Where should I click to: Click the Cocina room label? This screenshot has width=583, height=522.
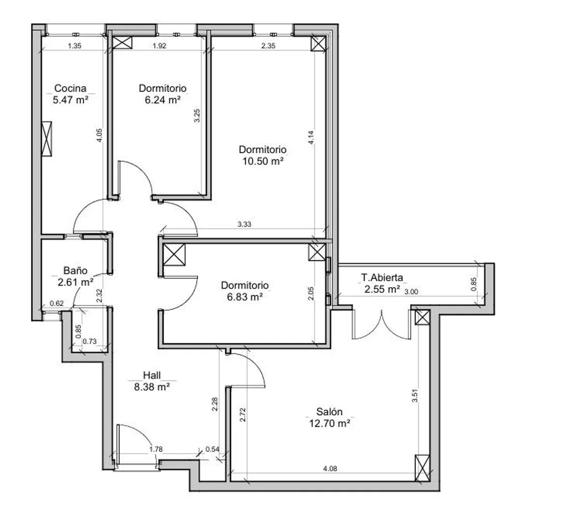(x=70, y=88)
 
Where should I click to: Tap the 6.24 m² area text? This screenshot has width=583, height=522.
(x=163, y=100)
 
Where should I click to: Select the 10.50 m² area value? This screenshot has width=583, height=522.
(x=263, y=161)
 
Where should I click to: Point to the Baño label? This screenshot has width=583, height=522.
(x=75, y=270)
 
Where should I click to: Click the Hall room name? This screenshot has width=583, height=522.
(x=152, y=375)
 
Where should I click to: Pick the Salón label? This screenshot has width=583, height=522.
(x=329, y=412)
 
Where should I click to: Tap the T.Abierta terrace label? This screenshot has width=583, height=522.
(x=382, y=277)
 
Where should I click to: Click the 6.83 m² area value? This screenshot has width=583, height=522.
(x=245, y=297)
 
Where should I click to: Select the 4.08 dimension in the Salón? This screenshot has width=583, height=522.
(x=330, y=469)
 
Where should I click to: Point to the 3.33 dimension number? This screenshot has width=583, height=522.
(x=244, y=224)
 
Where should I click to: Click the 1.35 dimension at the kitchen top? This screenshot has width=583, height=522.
(x=74, y=45)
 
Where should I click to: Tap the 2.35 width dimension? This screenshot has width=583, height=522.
(x=268, y=45)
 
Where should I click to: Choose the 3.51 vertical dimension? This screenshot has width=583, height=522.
(x=414, y=395)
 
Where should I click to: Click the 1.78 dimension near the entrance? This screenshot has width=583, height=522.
(x=156, y=449)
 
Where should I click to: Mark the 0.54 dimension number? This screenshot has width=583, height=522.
(x=213, y=449)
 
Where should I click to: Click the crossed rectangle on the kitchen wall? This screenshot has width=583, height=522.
(x=47, y=139)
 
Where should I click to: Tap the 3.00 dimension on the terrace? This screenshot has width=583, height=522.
(x=411, y=291)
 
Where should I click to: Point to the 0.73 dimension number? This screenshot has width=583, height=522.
(x=89, y=341)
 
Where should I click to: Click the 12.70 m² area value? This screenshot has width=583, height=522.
(x=329, y=423)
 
